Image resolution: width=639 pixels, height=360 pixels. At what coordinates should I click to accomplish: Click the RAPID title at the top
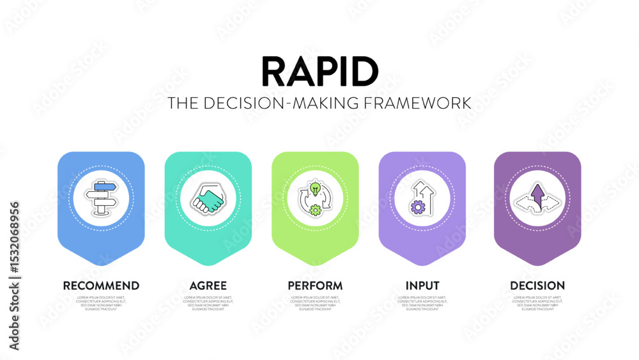319,72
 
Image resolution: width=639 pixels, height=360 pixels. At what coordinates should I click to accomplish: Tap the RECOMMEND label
101,286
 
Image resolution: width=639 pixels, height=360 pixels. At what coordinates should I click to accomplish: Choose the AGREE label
208,286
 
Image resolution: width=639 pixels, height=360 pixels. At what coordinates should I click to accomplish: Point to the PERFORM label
315,286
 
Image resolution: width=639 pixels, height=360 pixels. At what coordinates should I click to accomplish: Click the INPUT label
422,286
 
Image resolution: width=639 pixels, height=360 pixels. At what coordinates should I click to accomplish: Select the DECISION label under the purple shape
537,286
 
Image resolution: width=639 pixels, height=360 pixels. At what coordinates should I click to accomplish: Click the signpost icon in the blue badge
101,198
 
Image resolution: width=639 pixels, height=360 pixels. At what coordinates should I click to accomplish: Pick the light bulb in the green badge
315,189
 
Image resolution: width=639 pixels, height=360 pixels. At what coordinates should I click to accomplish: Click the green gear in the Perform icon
315,209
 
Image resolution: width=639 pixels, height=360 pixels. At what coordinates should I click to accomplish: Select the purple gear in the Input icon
418,206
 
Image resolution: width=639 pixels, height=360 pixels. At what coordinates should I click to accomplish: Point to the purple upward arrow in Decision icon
537,192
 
